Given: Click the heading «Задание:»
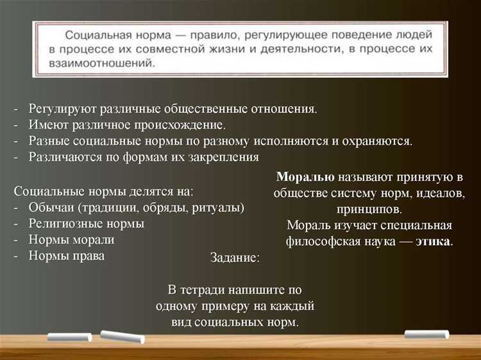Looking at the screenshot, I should [235, 258].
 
